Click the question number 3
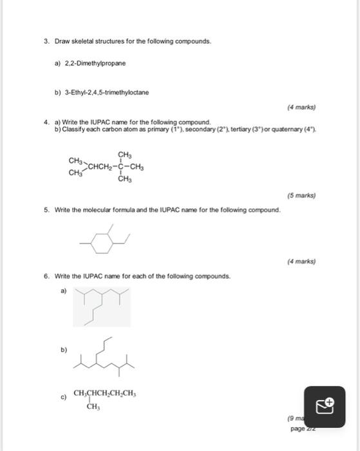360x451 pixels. (x=46, y=41)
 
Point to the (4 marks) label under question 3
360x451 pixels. (x=301, y=108)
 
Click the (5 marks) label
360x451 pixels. (x=301, y=195)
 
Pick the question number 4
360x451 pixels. (x=46, y=122)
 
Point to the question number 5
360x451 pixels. (x=46, y=210)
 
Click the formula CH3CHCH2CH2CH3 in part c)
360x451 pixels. (x=105, y=393)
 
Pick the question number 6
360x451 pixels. (x=46, y=276)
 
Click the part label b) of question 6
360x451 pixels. (x=63, y=350)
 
